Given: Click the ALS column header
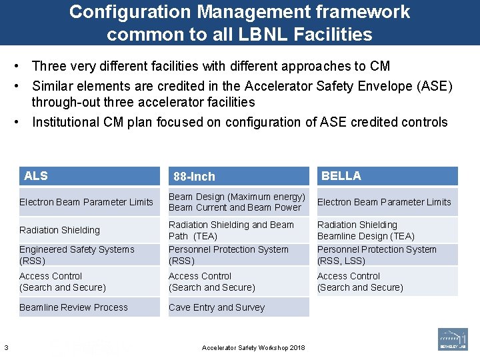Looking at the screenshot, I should coord(36,176).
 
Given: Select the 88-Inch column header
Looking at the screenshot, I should coord(194,177).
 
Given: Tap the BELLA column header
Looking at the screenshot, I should coord(341,176).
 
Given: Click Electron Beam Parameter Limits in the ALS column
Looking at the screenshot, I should coord(86,202).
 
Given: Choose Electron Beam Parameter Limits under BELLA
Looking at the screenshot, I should coord(384,202).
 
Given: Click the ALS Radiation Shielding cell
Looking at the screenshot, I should coord(59,230).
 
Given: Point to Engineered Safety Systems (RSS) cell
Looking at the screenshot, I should coord(77,255).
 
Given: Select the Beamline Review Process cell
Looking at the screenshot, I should coord(73,307).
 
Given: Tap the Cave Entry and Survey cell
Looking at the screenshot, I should coord(217,307).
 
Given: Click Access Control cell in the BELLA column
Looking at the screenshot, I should coord(360,281).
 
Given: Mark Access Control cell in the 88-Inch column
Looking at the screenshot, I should coord(211,281).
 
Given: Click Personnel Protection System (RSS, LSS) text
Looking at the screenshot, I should coord(377,255).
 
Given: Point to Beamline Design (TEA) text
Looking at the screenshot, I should coord(365,236).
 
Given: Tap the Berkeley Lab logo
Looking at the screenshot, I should coord(453,339).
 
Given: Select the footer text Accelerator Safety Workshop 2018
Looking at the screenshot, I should coord(253,348).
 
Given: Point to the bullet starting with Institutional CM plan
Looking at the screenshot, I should coord(239,122).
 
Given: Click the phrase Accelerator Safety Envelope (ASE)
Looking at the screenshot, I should coord(348,86).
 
